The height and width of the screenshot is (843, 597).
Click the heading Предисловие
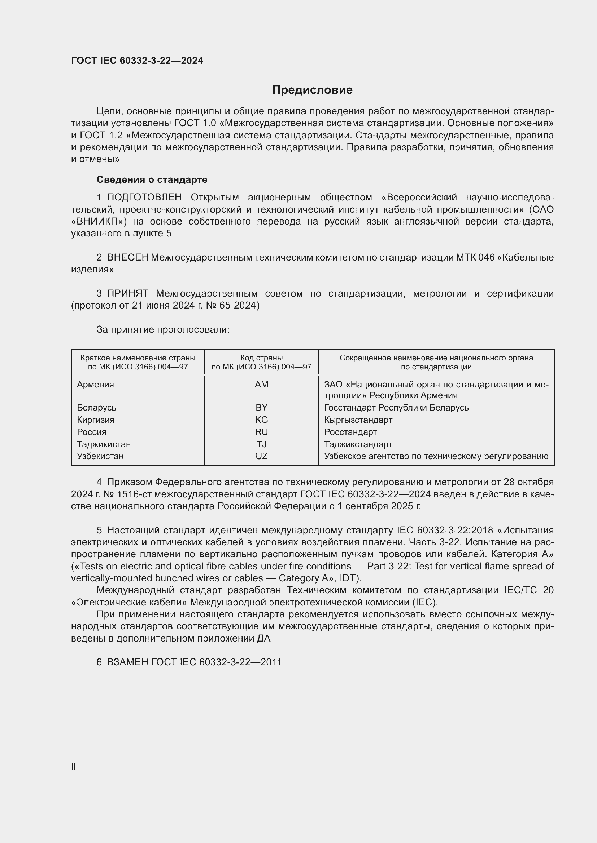312,90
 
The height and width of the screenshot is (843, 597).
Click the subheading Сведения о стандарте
152,179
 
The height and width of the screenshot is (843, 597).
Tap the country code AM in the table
261,385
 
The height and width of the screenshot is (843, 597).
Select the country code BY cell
261,408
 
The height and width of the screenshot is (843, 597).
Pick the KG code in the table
261,420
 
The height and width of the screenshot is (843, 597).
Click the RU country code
261,432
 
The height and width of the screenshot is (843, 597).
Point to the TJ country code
261,444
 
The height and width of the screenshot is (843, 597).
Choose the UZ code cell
261,456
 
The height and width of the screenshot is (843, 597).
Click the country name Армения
95,385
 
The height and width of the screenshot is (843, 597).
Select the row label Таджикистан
104,444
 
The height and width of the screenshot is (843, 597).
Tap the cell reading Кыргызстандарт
358,420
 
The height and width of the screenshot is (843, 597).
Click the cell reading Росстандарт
350,432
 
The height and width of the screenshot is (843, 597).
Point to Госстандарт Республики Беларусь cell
396,408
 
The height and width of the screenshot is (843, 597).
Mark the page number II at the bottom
74,767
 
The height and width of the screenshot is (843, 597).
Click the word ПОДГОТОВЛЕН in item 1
144,198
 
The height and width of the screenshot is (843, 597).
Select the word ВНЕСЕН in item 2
127,257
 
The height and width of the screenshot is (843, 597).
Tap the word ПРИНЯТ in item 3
127,293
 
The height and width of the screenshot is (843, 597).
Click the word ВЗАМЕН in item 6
127,662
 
